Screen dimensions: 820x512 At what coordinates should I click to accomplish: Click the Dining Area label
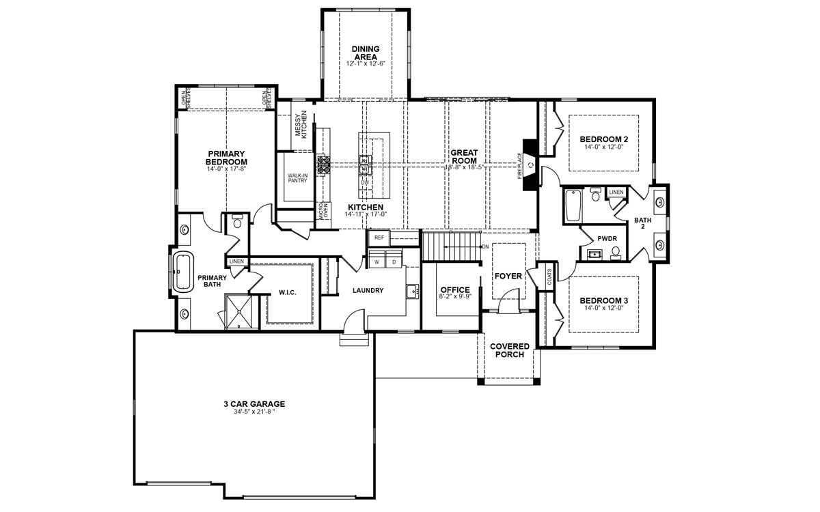366,53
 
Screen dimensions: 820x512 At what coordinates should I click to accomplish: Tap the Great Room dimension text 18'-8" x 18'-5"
464,167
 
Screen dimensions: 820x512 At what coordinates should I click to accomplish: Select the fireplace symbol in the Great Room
530,165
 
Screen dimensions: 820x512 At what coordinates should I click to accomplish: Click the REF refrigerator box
379,238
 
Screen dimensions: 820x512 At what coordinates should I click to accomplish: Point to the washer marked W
377,260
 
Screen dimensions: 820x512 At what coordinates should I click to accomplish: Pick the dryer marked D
394,260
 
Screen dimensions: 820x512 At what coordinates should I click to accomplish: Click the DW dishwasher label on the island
365,182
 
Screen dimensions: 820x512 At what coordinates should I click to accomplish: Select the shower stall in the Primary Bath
238,311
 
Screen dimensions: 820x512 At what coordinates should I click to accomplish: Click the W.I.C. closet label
288,293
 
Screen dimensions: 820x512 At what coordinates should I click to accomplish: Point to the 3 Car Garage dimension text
254,412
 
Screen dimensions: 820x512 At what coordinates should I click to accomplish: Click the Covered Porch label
510,350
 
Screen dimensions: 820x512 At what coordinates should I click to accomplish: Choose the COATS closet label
549,277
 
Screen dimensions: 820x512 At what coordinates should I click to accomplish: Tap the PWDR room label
607,239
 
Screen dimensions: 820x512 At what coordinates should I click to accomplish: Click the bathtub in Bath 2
573,205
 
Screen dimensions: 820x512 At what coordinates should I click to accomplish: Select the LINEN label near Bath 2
616,192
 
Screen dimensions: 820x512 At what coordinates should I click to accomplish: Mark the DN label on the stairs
485,247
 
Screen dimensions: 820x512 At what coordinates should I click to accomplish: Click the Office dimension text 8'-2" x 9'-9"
455,296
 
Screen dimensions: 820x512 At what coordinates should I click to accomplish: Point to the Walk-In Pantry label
298,178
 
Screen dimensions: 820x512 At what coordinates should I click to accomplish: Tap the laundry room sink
413,291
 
